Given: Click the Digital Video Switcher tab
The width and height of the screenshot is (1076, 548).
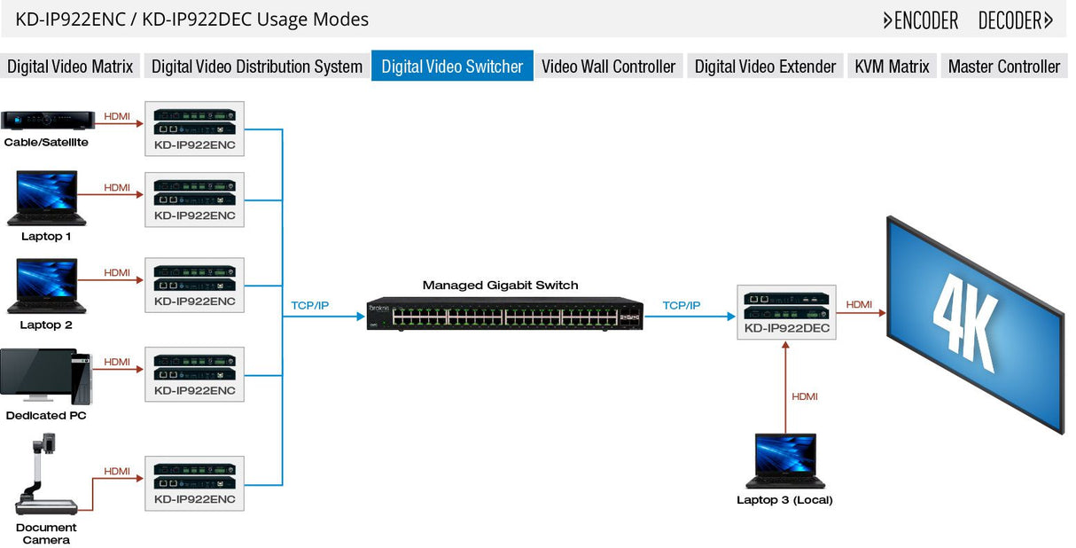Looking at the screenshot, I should [x=452, y=67].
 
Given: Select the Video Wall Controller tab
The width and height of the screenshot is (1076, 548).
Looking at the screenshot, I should [x=608, y=67].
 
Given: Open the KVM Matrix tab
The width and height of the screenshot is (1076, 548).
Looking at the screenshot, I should [x=892, y=67].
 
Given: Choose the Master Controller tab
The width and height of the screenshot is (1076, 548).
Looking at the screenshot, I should [x=1003, y=67].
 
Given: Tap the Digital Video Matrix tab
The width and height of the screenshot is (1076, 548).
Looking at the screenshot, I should [x=70, y=67].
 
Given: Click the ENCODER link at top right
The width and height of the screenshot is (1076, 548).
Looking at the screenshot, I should [x=921, y=20].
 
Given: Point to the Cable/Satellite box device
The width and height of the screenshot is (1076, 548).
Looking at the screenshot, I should [x=48, y=121].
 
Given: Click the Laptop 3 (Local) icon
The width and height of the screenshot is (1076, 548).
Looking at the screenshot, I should [x=784, y=461].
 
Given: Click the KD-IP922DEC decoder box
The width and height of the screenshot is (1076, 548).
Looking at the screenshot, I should [x=786, y=312].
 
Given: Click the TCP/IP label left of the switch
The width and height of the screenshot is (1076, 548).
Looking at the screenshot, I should [x=309, y=306].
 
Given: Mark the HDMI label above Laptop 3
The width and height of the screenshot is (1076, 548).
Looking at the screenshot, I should [x=804, y=396].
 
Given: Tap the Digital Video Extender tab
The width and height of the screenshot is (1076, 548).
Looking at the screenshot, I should [x=765, y=67].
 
